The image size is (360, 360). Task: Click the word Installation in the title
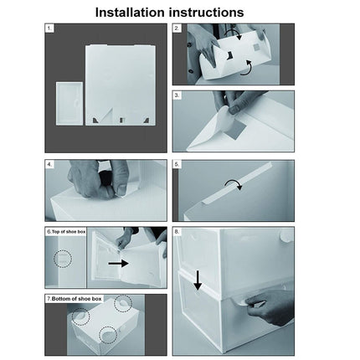[x=130, y=13]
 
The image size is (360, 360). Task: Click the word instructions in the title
[x=206, y=13]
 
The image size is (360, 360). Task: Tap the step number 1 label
[x=49, y=28]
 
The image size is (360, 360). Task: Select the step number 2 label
[x=177, y=28]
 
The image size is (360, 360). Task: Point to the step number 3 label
[x=177, y=95]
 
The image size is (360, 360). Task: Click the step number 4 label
[x=49, y=164]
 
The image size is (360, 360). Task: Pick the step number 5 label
[x=177, y=164]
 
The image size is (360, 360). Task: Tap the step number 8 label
[x=177, y=232]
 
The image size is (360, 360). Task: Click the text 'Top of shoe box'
[x=69, y=232]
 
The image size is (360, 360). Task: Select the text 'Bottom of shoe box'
[x=76, y=299]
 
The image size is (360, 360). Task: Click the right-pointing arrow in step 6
[x=118, y=263]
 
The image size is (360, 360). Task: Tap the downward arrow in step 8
[x=198, y=280]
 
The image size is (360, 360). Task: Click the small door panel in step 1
[x=69, y=103]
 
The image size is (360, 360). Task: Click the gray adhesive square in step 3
[x=236, y=129]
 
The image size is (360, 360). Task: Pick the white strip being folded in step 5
[x=238, y=183]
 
